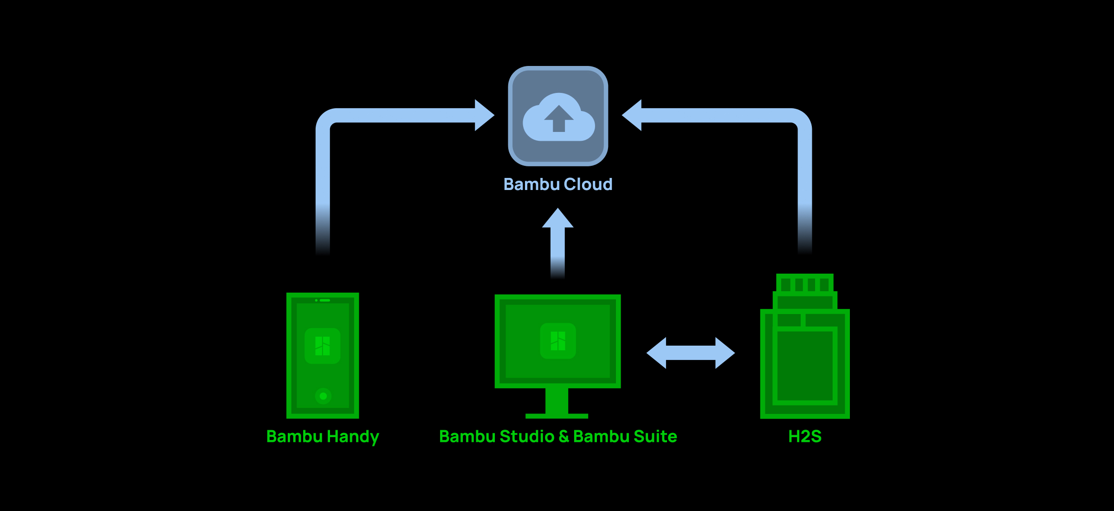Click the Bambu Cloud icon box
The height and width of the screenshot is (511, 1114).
click(558, 116)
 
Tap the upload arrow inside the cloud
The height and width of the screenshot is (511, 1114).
click(559, 118)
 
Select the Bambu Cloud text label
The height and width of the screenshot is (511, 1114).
click(558, 184)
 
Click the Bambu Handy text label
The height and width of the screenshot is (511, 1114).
click(323, 437)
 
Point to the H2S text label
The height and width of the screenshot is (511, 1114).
click(805, 437)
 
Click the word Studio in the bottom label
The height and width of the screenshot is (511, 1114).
click(527, 437)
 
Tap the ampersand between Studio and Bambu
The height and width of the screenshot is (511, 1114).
click(564, 437)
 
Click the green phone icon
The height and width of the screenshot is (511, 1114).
click(323, 355)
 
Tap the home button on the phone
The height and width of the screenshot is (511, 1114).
click(323, 396)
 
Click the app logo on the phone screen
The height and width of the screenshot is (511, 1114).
click(323, 346)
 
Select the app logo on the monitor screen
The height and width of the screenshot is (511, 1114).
click(558, 341)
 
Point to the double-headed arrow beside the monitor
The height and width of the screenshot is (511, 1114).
click(691, 353)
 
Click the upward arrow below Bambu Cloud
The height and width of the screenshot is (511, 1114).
click(558, 242)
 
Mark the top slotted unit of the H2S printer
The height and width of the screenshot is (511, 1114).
click(805, 283)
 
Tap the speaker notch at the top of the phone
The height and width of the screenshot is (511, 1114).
click(324, 301)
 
